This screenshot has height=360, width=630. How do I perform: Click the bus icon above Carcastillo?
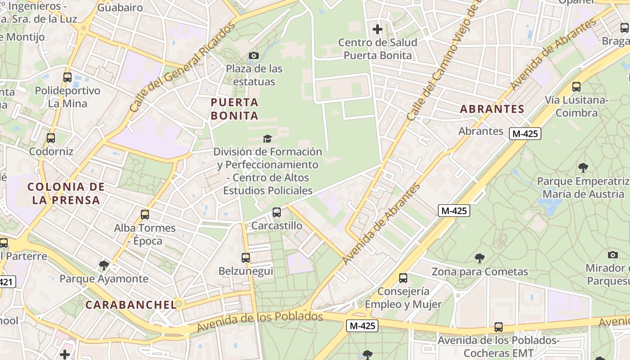coord(277,212)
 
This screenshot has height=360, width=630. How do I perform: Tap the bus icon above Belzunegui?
coord(246,258)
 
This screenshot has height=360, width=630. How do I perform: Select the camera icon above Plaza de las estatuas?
coord(254,56)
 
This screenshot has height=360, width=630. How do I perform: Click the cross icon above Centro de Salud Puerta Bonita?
coord(378,30)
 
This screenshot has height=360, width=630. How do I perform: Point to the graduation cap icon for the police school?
coord(268,139)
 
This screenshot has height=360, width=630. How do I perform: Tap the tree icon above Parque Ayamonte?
coord(104,265)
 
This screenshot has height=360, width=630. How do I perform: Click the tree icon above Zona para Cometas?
coord(480,258)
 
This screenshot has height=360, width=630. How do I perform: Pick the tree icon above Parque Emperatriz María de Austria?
coord(583,168)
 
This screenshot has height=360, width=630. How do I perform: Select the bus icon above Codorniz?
coord(51,138)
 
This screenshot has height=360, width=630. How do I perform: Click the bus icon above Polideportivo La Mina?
coord(67,77)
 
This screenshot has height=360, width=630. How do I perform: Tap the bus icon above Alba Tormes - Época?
coord(145,215)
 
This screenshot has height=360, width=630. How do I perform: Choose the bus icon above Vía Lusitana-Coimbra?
coord(576,87)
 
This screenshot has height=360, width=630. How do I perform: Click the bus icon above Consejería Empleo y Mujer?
coord(403,278)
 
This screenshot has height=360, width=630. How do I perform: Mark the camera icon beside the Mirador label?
coord(612,255)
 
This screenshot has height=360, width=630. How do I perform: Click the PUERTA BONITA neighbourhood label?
coord(235,109)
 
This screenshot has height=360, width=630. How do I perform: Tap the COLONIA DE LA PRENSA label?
coord(66,193)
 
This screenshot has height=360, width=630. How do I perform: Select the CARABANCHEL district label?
coord(130,305)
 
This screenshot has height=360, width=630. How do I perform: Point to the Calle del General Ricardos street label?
coord(182,67)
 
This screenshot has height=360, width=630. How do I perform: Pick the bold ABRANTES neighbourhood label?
coord(492,109)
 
